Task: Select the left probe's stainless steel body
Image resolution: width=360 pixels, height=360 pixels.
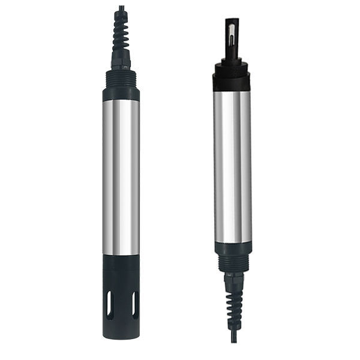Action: pyautogui.click(x=121, y=174)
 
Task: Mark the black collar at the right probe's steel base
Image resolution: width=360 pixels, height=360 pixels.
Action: pyautogui.click(x=232, y=247)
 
